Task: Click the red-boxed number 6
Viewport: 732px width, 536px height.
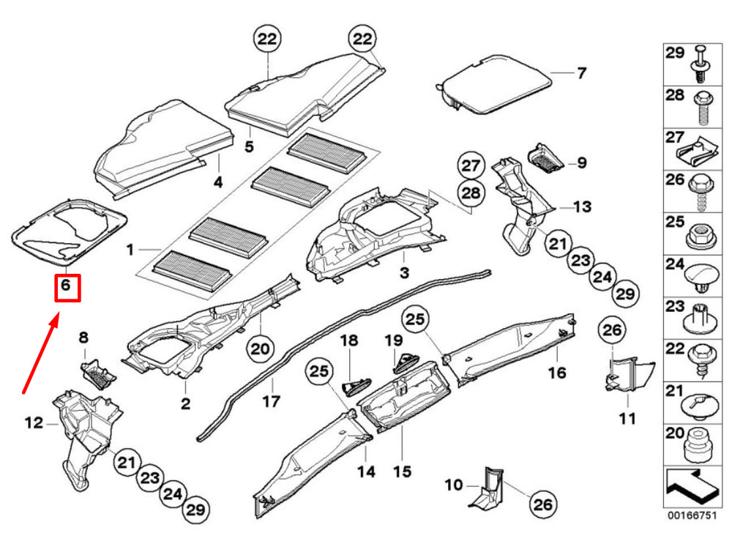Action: click(x=65, y=286)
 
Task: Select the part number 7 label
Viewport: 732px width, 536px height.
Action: click(x=581, y=73)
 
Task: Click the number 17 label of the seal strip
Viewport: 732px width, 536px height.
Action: click(x=271, y=401)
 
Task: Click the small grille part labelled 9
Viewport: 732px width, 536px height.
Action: click(x=546, y=157)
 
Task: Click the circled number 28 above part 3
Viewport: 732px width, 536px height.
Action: click(x=472, y=194)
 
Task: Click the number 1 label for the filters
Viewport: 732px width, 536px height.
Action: click(x=130, y=250)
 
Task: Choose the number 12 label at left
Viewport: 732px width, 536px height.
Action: click(x=34, y=423)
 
